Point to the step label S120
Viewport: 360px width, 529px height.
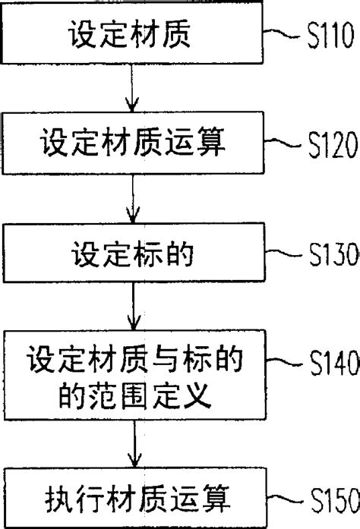point(328,142)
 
